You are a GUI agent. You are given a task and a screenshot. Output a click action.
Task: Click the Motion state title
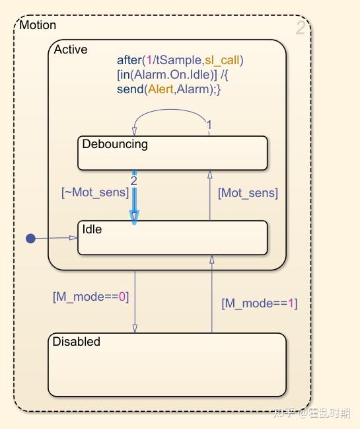pyautogui.click(x=38, y=25)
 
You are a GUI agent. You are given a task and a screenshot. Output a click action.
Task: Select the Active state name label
pyautogui.click(x=71, y=50)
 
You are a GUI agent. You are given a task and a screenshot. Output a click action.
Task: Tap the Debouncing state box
pyautogui.click(x=172, y=153)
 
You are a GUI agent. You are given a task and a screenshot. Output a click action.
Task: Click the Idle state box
pyautogui.click(x=172, y=238)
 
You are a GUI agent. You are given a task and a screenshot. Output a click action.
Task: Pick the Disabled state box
pyautogui.click(x=167, y=364)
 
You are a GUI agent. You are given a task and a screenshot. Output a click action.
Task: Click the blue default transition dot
pyautogui.click(x=30, y=239)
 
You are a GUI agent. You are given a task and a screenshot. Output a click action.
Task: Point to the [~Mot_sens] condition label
pyautogui.click(x=95, y=192)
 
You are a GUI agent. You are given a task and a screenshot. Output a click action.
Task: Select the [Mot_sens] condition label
pyautogui.click(x=248, y=193)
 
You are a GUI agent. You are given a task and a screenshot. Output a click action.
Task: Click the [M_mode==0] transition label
pyautogui.click(x=90, y=297)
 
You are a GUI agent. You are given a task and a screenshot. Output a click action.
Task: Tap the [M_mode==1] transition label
pyautogui.click(x=260, y=303)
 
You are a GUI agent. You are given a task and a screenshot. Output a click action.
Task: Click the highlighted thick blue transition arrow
pyautogui.click(x=134, y=197)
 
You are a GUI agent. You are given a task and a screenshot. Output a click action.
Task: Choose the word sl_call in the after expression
pyautogui.click(x=222, y=60)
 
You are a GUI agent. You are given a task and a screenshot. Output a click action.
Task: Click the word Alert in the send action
pyautogui.click(x=161, y=89)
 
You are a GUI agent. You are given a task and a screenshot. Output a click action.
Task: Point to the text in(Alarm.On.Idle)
pyautogui.click(x=167, y=75)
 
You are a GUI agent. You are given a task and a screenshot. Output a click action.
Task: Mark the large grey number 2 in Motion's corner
pyautogui.click(x=301, y=28)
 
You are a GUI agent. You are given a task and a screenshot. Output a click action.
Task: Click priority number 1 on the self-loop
pyautogui.click(x=209, y=126)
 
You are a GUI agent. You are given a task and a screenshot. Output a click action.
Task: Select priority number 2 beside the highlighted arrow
pyautogui.click(x=133, y=181)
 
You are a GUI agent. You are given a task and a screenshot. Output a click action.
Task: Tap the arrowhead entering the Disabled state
pyautogui.click(x=135, y=329)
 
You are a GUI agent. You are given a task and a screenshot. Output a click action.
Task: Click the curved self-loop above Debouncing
pyautogui.click(x=170, y=110)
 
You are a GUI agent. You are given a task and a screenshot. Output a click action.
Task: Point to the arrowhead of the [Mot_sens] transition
pyautogui.click(x=209, y=175)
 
